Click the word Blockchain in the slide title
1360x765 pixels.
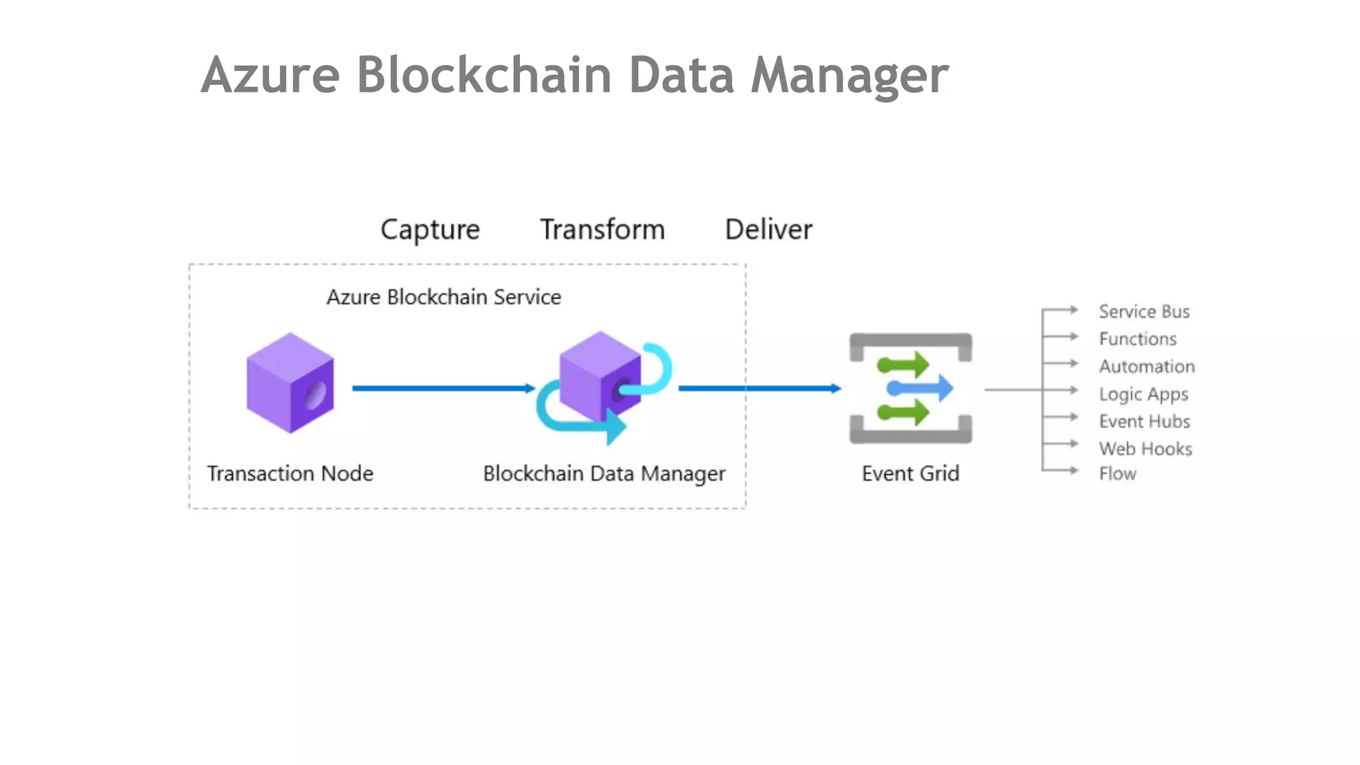(x=483, y=74)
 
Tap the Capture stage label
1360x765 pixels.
(x=430, y=230)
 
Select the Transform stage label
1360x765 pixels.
(x=602, y=230)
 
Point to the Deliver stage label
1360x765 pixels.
(x=768, y=230)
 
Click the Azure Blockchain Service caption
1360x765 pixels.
(x=444, y=297)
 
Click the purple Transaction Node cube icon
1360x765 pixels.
(x=290, y=383)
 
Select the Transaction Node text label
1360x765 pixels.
(x=290, y=473)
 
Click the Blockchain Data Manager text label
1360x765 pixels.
(x=604, y=473)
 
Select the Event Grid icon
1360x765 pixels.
(x=910, y=388)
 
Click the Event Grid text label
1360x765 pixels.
(x=910, y=473)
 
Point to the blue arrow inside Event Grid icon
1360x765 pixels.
(x=920, y=388)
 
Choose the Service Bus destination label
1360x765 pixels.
(x=1144, y=311)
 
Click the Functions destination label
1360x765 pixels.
(x=1138, y=339)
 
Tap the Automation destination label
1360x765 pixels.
(x=1146, y=367)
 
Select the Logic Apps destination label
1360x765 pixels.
(x=1143, y=394)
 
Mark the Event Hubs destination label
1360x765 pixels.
(x=1144, y=421)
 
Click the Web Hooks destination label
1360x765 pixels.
(x=1145, y=449)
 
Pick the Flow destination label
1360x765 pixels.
(x=1117, y=473)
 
